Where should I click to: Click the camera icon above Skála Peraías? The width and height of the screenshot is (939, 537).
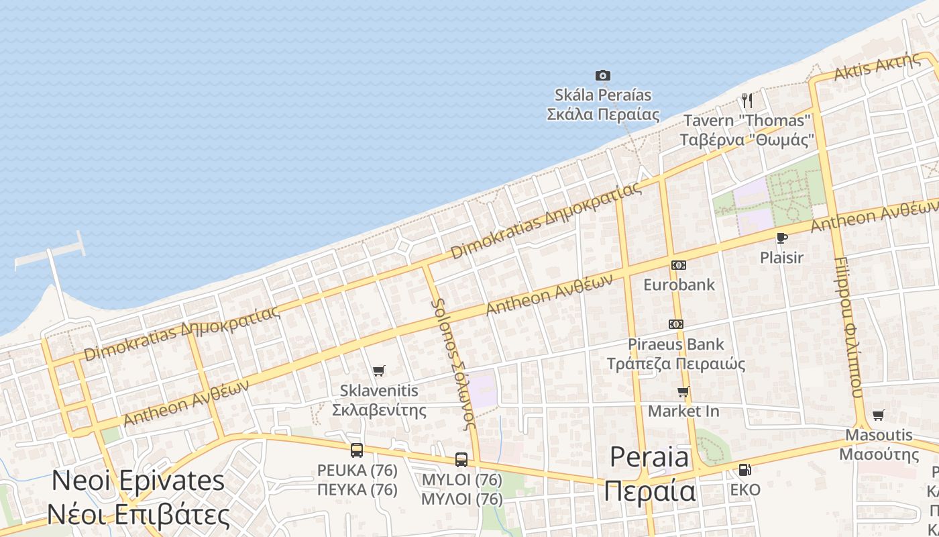click(x=603, y=76)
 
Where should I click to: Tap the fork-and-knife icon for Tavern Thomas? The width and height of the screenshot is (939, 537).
click(x=747, y=101)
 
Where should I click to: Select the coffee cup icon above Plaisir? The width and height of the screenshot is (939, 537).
click(x=781, y=238)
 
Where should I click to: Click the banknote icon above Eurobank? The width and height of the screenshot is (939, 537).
click(x=678, y=265)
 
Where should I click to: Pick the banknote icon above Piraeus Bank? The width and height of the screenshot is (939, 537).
click(x=675, y=324)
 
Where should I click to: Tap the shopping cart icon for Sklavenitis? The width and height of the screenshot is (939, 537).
click(x=379, y=371)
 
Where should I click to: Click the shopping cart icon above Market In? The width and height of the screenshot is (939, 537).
click(x=683, y=392)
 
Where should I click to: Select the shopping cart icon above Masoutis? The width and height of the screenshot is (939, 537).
click(x=878, y=416)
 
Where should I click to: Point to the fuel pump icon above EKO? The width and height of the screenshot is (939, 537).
click(x=744, y=470)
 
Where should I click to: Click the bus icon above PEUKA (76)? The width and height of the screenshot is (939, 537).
click(x=357, y=450)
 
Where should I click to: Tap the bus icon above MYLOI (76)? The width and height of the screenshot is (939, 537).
click(x=461, y=460)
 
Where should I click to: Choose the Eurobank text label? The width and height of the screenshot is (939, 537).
click(x=679, y=285)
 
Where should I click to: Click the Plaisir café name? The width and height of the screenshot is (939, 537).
click(x=781, y=257)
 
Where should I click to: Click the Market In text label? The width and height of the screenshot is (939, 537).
click(x=683, y=411)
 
